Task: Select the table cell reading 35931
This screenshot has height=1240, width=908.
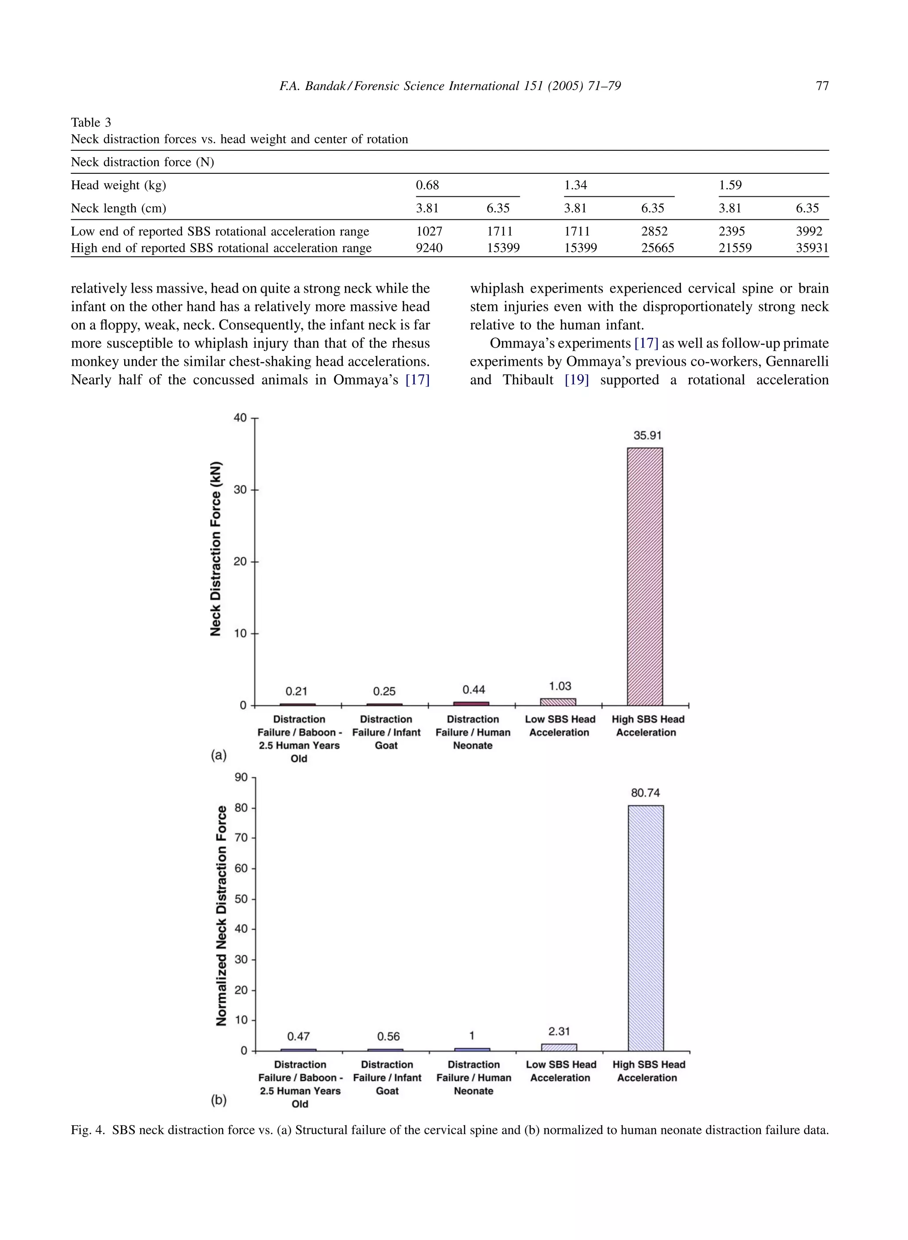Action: point(811,248)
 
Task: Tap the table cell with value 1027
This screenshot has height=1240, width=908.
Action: point(429,231)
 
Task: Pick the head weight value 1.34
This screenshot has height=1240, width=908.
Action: point(575,185)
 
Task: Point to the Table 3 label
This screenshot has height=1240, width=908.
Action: point(91,122)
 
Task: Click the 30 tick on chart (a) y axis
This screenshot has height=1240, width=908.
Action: point(240,490)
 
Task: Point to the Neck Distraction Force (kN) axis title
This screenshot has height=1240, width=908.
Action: point(215,548)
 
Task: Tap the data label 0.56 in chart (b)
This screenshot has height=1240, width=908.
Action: point(388,1036)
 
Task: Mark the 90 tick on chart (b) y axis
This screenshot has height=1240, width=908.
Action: point(241,777)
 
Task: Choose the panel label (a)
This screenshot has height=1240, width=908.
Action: point(219,755)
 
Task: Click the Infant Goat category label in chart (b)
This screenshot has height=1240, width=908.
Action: point(387,1084)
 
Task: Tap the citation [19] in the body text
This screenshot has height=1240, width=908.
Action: point(576,380)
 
